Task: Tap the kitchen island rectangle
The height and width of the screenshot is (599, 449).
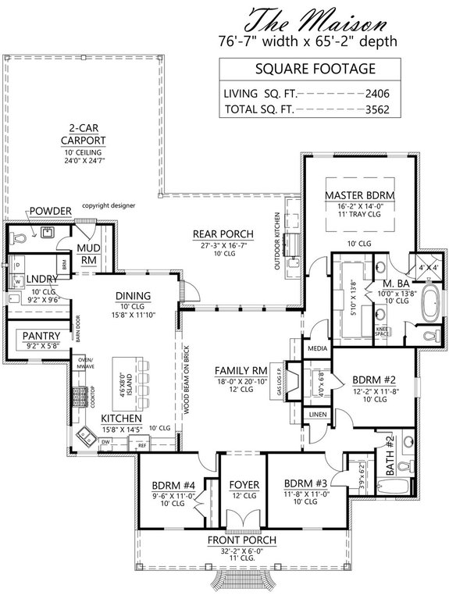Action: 124,390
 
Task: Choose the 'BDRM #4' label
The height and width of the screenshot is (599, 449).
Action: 180,484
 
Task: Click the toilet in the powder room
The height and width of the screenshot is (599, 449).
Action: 18,235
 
